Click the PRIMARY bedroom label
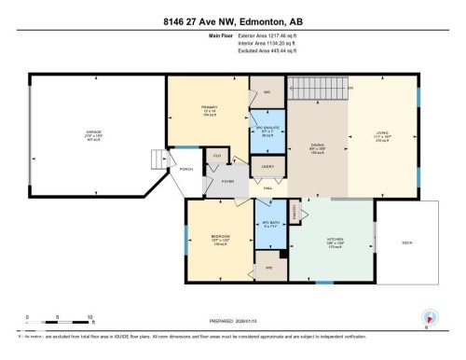point(208,111)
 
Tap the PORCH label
point(185,170)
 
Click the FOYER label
point(226,182)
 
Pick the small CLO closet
point(216,156)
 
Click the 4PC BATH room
point(269,225)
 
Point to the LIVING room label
point(383,132)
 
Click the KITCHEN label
point(335,241)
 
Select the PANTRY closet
point(295,213)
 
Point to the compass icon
point(429,317)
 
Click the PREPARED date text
point(233,315)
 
